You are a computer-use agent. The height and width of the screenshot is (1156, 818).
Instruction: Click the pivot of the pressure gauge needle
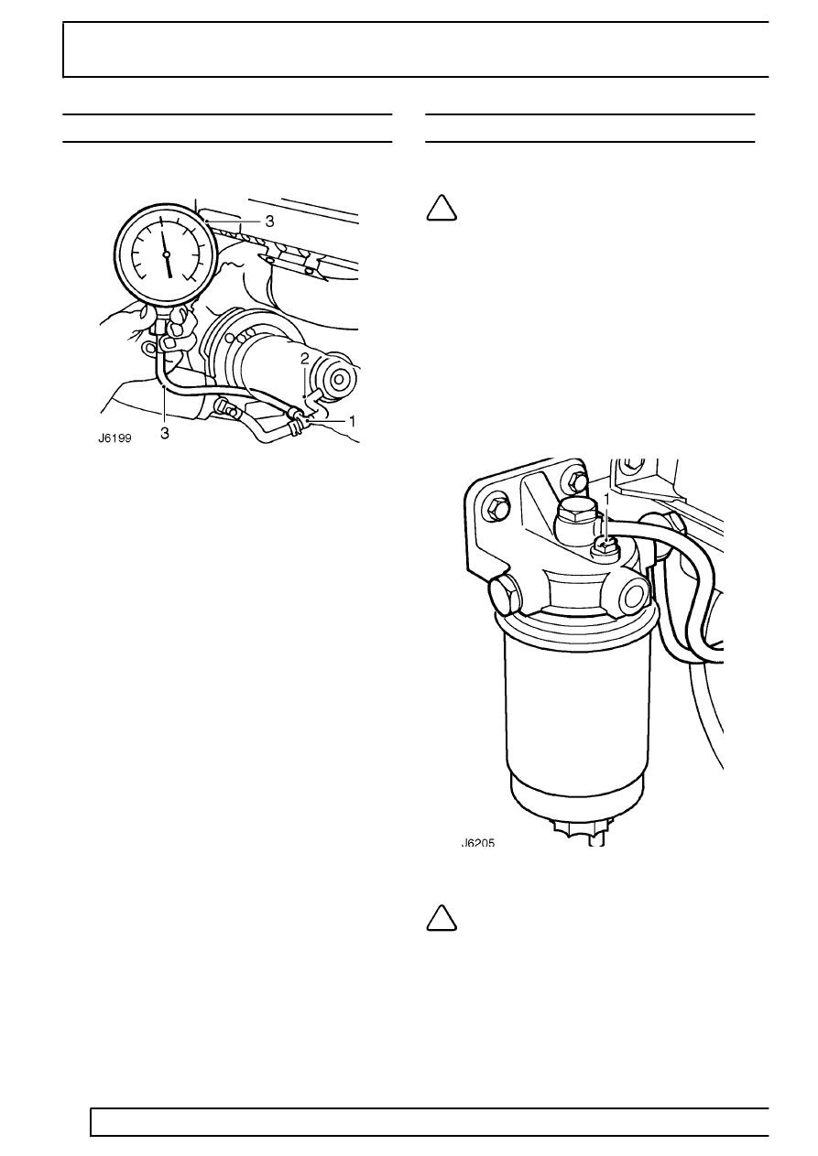(166, 254)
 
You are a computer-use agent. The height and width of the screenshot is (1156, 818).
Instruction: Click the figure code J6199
(115, 438)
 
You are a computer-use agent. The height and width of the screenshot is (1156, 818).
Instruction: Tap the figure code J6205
(477, 843)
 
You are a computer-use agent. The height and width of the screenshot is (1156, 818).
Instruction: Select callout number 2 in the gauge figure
(305, 358)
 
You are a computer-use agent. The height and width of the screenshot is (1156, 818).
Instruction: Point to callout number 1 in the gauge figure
(352, 422)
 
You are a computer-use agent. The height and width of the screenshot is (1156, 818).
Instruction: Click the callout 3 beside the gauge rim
(269, 221)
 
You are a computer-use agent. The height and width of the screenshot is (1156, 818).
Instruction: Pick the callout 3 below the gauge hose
(164, 433)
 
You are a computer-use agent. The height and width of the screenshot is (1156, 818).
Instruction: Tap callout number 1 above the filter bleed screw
(607, 499)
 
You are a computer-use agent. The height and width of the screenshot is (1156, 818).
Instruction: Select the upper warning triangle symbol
(442, 209)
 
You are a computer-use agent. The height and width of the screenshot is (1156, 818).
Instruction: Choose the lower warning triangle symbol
(442, 919)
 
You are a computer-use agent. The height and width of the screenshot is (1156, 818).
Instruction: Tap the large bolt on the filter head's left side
(506, 595)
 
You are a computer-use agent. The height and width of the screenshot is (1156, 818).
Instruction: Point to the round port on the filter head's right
(634, 597)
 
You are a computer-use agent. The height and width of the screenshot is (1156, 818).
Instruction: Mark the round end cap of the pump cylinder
(338, 380)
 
